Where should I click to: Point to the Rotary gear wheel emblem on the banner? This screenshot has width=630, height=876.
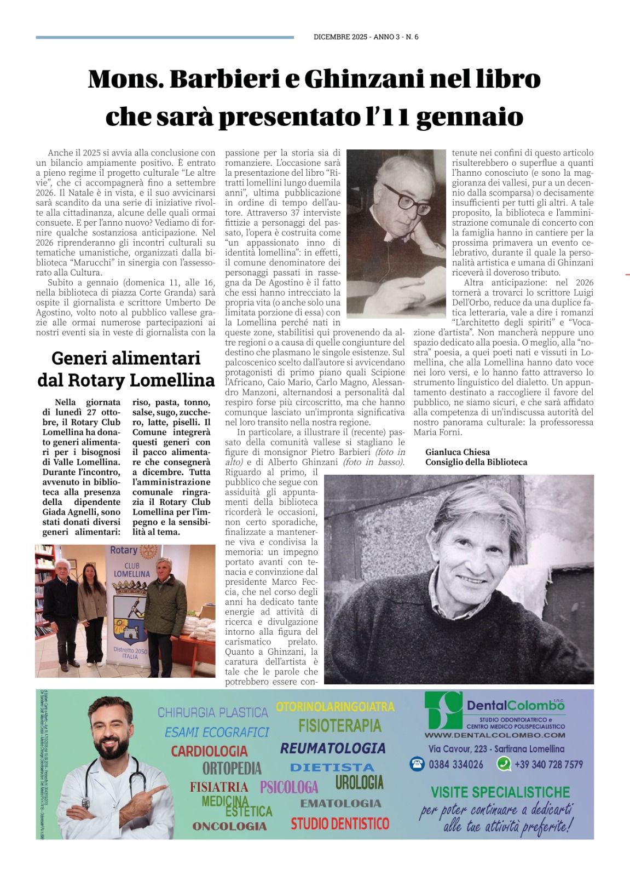click(148, 551)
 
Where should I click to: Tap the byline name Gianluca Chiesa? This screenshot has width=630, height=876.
click(458, 452)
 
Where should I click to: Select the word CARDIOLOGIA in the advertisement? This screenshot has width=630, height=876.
click(209, 751)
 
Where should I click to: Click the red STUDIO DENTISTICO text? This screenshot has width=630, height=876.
click(340, 823)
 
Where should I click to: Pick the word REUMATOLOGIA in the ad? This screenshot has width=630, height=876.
click(333, 748)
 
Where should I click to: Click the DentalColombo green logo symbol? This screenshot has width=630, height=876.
click(444, 710)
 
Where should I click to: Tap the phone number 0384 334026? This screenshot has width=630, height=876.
click(455, 764)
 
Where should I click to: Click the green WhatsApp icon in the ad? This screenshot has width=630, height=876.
click(504, 764)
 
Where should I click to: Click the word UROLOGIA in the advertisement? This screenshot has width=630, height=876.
click(359, 782)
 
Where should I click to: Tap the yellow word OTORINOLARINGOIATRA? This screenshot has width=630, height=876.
click(335, 707)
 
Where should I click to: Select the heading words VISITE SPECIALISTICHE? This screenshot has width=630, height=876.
click(500, 792)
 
